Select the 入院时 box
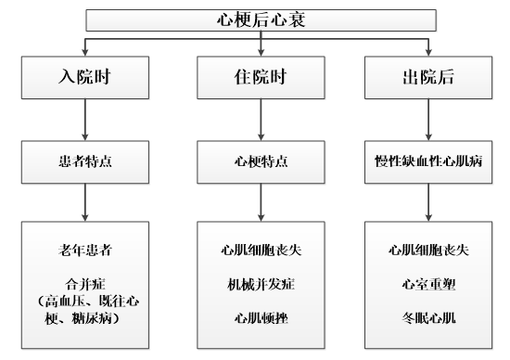tap(85, 76)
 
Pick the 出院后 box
tap(427, 76)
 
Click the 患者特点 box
tap(85, 161)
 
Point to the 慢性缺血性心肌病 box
tap(427, 161)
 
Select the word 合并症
tap(85, 279)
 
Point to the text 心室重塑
tap(427, 279)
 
